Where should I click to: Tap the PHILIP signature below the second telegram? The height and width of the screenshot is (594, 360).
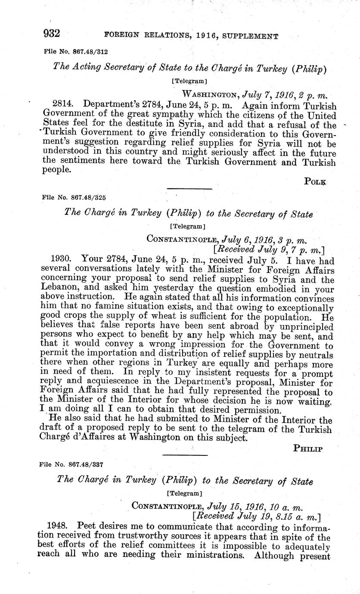point(308,448)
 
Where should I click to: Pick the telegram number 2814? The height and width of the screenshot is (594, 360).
point(62,105)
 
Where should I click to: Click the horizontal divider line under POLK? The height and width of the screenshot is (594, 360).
point(189,189)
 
